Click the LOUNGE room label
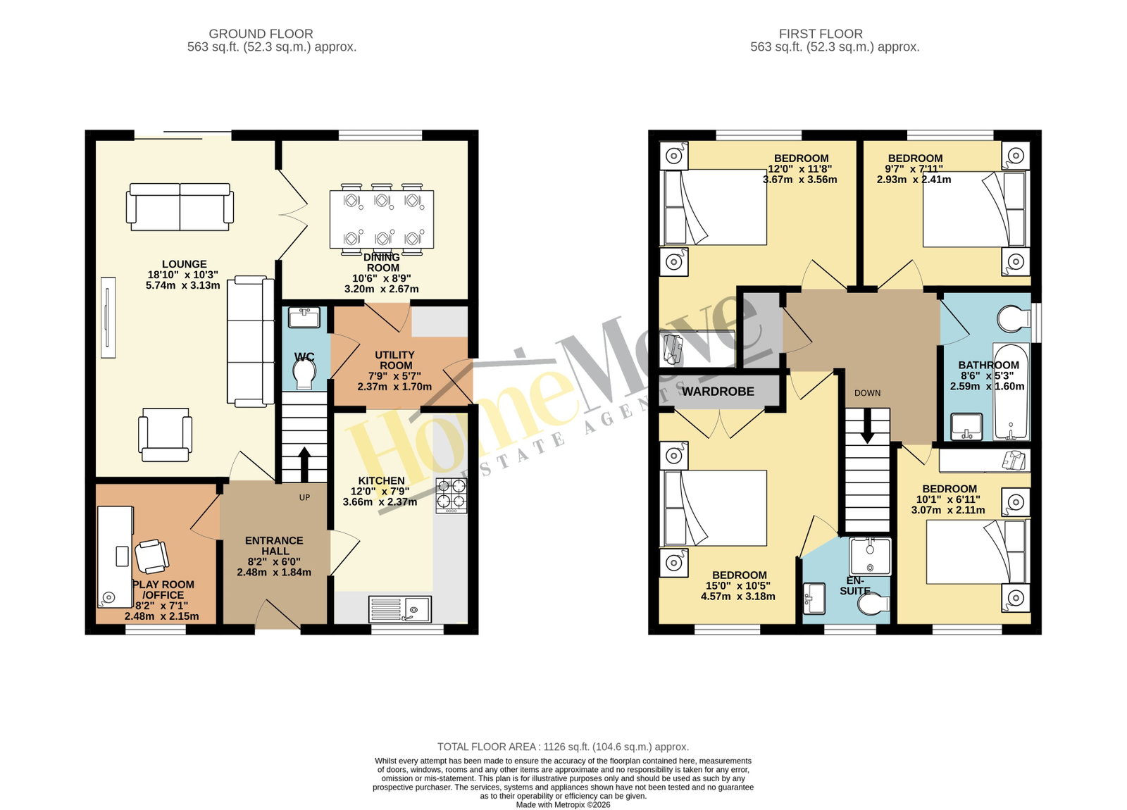click(x=184, y=264)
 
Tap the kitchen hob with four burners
click(x=452, y=496)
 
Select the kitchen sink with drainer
click(x=400, y=609)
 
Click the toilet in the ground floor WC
click(x=304, y=374)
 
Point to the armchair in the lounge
click(x=165, y=435)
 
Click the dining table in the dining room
click(x=382, y=219)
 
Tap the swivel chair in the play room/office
click(x=151, y=556)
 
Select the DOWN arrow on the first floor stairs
click(x=867, y=426)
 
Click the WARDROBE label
click(x=718, y=392)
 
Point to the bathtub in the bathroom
click(x=1011, y=392)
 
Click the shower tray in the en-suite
click(x=870, y=556)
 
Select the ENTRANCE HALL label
click(x=274, y=546)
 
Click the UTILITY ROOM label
click(x=395, y=360)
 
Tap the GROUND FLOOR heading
click(x=261, y=34)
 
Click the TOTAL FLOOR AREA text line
click(x=563, y=747)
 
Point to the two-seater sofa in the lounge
click(x=180, y=207)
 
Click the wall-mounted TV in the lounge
click(x=108, y=318)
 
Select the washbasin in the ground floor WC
click(x=304, y=318)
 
